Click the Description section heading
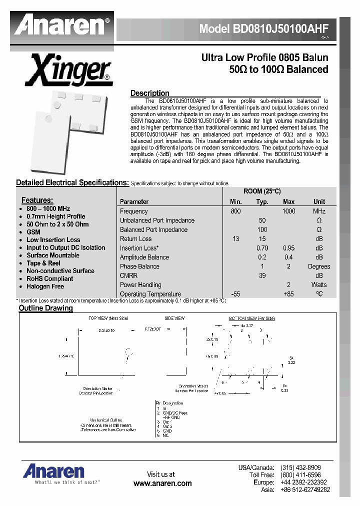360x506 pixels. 149,93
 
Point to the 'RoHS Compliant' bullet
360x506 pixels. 49,278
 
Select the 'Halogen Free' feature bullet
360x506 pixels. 45,286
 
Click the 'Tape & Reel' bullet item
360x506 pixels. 43,263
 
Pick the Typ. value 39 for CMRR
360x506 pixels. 262,275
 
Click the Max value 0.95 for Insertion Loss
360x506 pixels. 288,248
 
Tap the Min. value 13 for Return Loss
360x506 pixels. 235,239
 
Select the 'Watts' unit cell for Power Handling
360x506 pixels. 318,285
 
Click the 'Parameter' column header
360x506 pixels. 134,202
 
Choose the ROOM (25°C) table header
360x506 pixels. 262,192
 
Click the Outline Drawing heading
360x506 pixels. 45,308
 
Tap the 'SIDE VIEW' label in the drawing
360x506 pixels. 174,318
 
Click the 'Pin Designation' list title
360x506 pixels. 170,402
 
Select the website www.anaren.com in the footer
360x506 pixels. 162,483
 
